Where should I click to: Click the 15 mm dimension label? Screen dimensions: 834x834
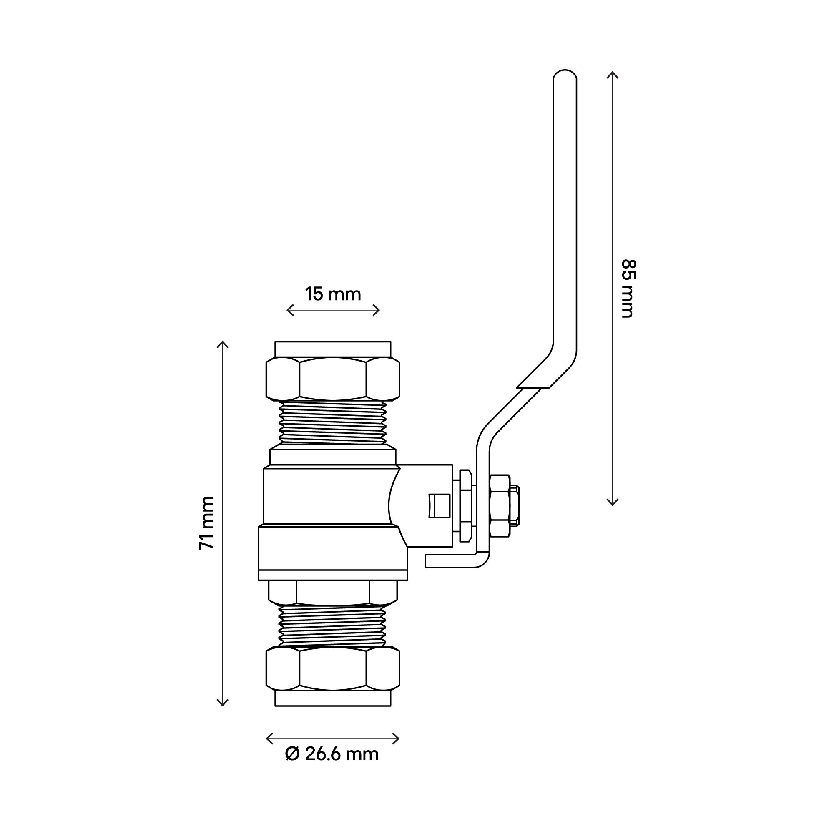point(333,294)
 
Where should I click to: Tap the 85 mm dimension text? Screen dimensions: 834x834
point(628,289)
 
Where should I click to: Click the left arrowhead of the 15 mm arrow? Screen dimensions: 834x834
point(289,310)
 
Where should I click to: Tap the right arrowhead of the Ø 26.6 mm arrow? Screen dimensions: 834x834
point(397,739)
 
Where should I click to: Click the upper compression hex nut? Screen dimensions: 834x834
point(333,378)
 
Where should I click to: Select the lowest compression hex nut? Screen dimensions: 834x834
point(333,674)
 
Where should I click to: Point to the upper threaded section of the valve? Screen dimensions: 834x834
point(333,422)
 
